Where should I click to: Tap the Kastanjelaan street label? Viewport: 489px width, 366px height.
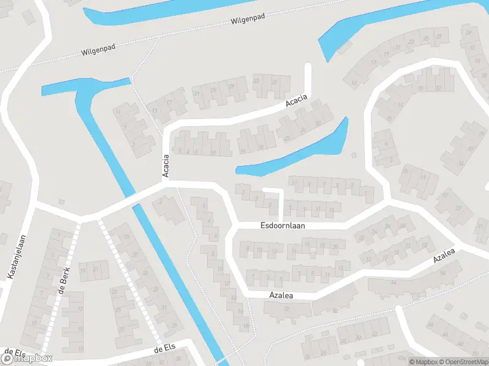click(17, 257)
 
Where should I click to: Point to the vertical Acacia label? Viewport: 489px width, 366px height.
click(166, 166)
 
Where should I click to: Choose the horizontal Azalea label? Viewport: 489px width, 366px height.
click(282, 295)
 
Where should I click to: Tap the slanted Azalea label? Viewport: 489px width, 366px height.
click(444, 256)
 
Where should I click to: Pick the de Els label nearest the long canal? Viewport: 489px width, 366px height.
click(166, 348)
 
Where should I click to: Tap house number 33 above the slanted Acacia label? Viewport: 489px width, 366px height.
click(256, 81)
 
